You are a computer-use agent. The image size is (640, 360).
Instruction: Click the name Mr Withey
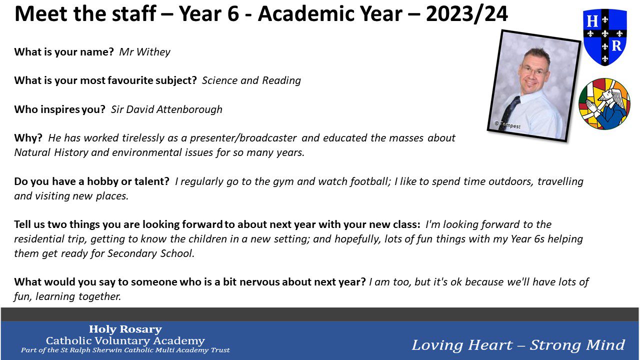pyautogui.click(x=144, y=52)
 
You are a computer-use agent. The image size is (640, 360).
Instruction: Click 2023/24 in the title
pyautogui.click(x=466, y=13)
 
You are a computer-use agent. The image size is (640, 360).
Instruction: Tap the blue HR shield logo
pyautogui.click(x=605, y=37)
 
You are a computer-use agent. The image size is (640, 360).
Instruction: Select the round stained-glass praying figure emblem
pyautogui.click(x=604, y=103)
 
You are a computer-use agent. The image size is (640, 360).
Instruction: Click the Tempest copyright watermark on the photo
pyautogui.click(x=507, y=125)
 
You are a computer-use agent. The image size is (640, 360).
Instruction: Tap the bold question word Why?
pyautogui.click(x=28, y=138)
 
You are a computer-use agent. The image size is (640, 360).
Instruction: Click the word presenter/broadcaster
pyautogui.click(x=243, y=138)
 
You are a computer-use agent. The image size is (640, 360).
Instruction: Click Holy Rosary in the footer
pyautogui.click(x=125, y=329)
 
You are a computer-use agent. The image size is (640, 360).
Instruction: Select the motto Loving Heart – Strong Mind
pyautogui.click(x=518, y=345)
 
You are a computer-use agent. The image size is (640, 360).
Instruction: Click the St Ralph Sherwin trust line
pyautogui.click(x=125, y=350)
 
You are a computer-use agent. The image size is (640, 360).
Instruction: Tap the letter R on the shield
pyautogui.click(x=616, y=45)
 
